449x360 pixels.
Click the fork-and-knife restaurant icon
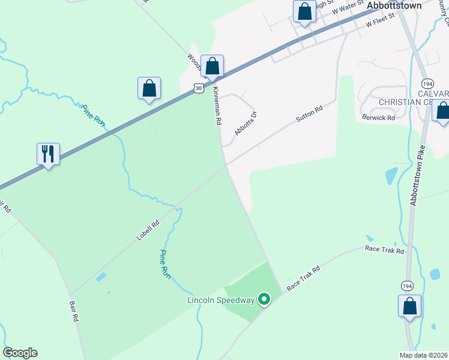coord(48,154)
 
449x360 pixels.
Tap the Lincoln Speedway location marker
coord(264,299)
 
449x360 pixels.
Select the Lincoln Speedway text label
coord(221,299)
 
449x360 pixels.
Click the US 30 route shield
coord(199,88)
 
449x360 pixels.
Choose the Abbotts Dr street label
coord(246,124)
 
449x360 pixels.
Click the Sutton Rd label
coord(310,115)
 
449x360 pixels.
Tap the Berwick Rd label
coord(378,118)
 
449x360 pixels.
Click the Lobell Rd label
coord(148,230)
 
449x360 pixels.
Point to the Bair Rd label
coord(74,312)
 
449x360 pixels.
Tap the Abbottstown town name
coord(394,5)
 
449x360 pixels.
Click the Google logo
coord(20,353)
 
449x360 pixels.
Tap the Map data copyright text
coord(423,355)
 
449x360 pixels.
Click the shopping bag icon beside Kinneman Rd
coord(212,67)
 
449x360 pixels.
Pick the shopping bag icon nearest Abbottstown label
coord(304,11)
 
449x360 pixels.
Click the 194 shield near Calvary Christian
coord(427,83)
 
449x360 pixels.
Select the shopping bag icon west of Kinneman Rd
coord(149,89)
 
